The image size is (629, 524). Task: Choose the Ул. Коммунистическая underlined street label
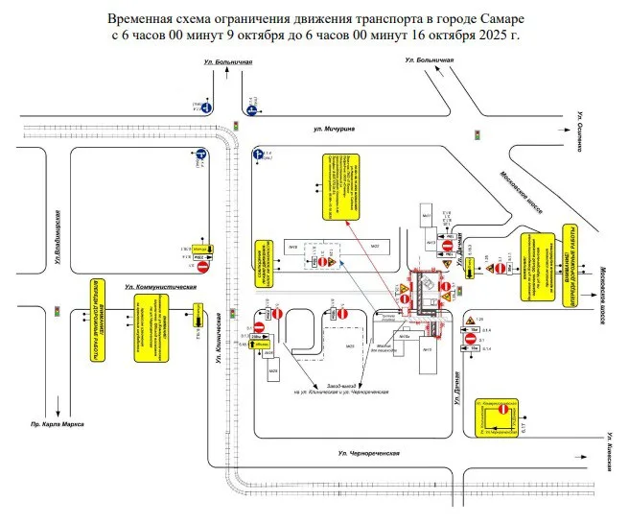coord(160,287)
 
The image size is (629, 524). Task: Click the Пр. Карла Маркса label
coord(57,423)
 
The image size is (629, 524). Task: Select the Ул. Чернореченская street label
coord(367,451)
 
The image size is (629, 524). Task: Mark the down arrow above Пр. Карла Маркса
coord(58,400)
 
